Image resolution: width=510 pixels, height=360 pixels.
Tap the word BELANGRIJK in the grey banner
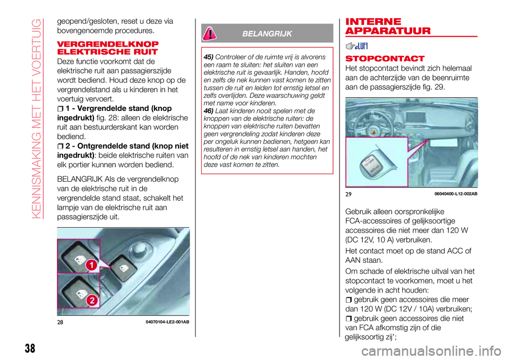click(267, 34)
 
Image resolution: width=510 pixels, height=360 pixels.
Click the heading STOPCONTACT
click(385, 58)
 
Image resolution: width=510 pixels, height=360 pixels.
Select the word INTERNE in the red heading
click(373, 22)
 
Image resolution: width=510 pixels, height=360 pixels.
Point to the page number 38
click(30, 348)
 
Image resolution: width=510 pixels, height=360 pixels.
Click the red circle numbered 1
click(92, 265)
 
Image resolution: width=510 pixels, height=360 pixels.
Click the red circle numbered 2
click(92, 299)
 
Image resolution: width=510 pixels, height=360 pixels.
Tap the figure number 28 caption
click(60, 322)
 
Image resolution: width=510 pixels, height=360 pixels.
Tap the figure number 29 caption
click(348, 194)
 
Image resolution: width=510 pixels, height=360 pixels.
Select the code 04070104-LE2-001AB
click(167, 322)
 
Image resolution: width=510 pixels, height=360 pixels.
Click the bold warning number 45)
click(208, 57)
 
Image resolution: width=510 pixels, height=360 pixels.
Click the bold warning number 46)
click(208, 111)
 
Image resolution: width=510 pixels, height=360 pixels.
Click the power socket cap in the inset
click(373, 164)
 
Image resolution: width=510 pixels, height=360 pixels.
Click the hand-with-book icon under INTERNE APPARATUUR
click(356, 46)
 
